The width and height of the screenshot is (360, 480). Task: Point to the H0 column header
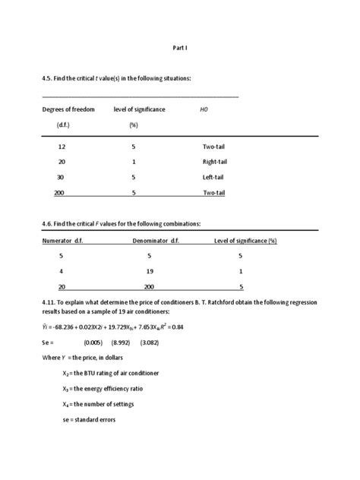tap(204, 109)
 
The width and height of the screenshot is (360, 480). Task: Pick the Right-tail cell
tap(215, 162)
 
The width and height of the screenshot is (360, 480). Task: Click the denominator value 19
tap(149, 271)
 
